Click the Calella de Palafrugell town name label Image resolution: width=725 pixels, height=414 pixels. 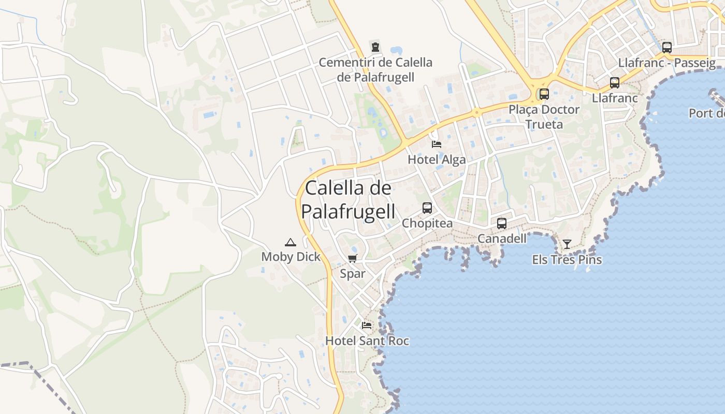[348, 200]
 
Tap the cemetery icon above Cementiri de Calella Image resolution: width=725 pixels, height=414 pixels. [375, 47]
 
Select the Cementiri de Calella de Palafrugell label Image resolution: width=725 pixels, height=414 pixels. [375, 70]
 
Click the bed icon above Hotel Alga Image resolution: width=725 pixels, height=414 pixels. [437, 144]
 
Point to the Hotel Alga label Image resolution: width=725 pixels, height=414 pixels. [437, 159]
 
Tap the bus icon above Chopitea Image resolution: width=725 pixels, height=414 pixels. [427, 208]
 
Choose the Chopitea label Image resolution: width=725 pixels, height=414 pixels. [427, 224]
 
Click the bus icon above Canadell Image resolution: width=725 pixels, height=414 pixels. [502, 224]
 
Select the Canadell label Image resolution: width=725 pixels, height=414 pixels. [502, 239]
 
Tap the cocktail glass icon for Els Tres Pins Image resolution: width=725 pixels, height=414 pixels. [567, 244]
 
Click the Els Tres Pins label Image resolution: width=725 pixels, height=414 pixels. [567, 260]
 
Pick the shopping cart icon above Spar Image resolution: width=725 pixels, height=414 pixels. [353, 259]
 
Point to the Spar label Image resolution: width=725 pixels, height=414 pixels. [353, 274]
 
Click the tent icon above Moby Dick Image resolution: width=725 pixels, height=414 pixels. [291, 242]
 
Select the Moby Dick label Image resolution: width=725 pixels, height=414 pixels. [291, 257]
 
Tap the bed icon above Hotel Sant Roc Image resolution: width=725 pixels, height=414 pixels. [367, 326]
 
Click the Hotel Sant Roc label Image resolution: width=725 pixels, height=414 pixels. [367, 341]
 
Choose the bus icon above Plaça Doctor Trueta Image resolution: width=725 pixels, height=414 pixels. [544, 94]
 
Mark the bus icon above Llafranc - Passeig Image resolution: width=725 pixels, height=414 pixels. [667, 48]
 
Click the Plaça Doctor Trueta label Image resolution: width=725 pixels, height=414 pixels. [544, 117]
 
